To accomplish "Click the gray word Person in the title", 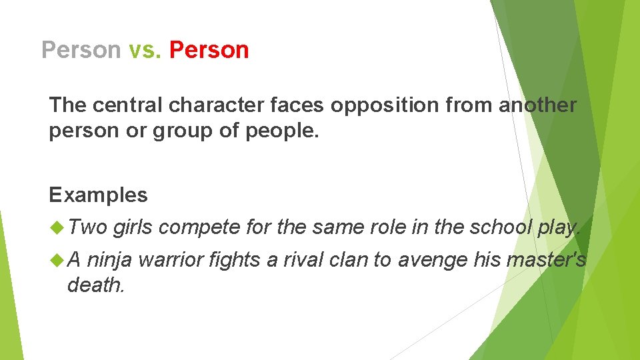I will (x=81, y=50).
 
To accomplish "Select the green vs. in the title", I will (x=145, y=50).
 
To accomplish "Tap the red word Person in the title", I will (x=209, y=50).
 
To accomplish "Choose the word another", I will (x=537, y=105).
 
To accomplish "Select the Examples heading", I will (x=98, y=195).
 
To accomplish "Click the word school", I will (x=501, y=228).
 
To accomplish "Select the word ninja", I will (x=109, y=260).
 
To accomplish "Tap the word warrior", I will (x=171, y=260).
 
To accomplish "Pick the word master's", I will (x=546, y=260).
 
